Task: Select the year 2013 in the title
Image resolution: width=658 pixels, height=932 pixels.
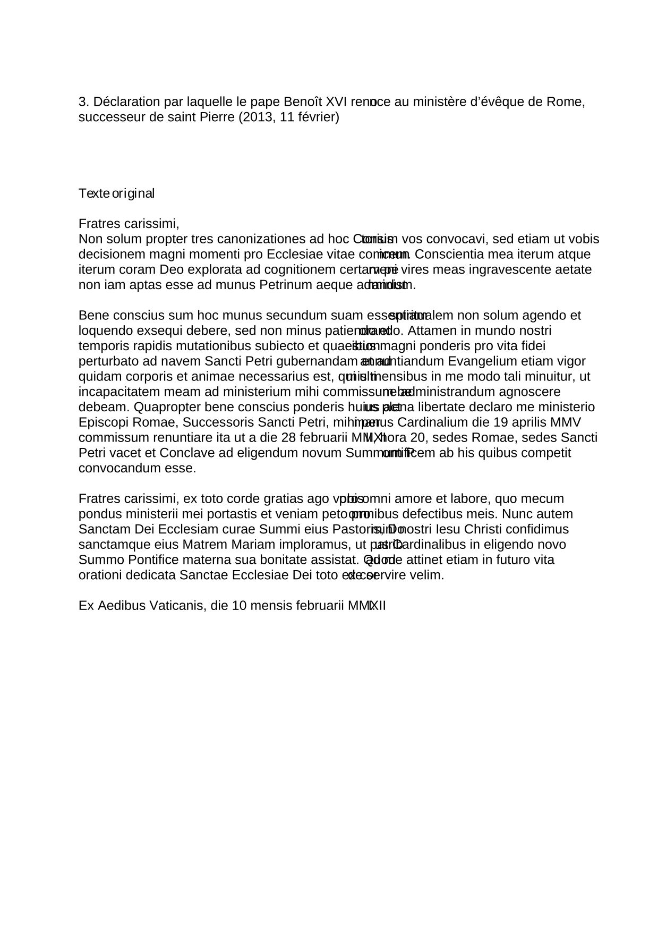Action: (256, 117)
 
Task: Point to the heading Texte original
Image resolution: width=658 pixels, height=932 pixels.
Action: (116, 193)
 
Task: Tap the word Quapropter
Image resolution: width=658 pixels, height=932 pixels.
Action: (166, 407)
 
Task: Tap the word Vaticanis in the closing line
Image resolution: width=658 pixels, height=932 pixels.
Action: (173, 606)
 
